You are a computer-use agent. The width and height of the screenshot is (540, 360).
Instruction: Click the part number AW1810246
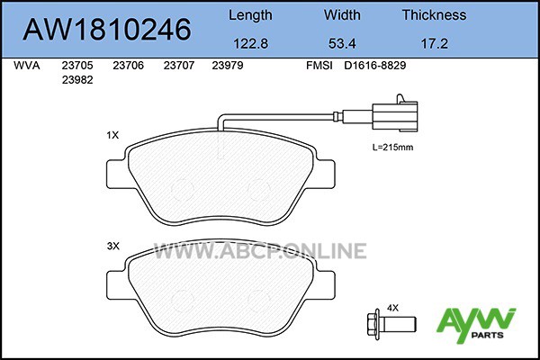click(x=107, y=29)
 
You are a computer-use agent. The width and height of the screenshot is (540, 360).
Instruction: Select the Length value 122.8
click(x=251, y=44)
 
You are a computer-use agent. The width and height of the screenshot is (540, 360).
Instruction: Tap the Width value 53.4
click(x=342, y=44)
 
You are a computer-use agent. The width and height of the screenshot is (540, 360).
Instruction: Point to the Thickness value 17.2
click(x=435, y=44)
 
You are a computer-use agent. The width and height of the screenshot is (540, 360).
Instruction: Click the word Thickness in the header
click(x=435, y=14)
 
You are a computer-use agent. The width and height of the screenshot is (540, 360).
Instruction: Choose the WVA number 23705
click(x=77, y=65)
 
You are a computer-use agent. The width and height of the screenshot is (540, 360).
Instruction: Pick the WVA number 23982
click(x=77, y=80)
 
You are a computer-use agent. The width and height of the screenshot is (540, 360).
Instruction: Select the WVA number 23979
click(x=228, y=65)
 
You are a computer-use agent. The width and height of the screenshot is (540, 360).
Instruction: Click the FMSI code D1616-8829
click(x=375, y=65)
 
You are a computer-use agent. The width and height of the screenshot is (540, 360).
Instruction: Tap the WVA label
click(x=26, y=65)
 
